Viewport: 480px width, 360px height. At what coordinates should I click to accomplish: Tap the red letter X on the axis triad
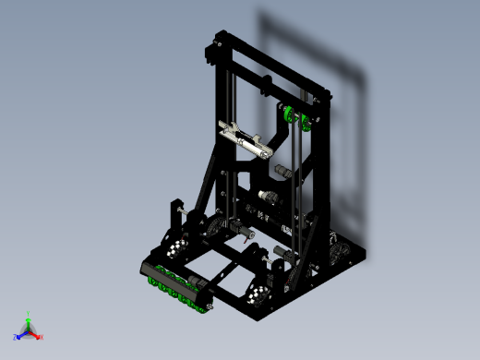[x=42, y=337]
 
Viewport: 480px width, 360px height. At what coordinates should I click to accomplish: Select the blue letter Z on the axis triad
[x=16, y=337]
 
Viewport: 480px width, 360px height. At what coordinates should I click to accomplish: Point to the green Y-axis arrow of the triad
[x=29, y=323]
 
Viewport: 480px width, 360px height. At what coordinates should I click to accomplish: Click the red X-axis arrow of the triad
[x=35, y=335]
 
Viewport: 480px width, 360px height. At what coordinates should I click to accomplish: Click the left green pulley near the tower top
[x=288, y=114]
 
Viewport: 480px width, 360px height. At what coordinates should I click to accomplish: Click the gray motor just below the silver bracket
[x=277, y=172]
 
